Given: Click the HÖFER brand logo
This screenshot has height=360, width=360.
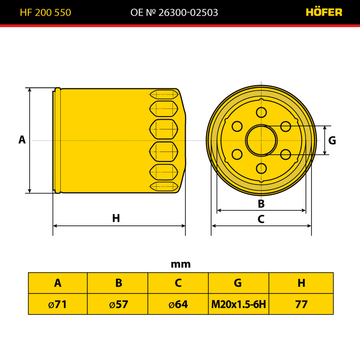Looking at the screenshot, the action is pyautogui.click(x=324, y=12).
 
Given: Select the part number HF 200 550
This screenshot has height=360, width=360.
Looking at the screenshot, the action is pyautogui.click(x=45, y=13).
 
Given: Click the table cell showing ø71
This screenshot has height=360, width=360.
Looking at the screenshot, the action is pyautogui.click(x=58, y=304).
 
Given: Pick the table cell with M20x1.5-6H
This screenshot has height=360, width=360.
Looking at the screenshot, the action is pyautogui.click(x=238, y=304).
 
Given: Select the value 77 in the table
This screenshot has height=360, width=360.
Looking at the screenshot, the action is pyautogui.click(x=301, y=305).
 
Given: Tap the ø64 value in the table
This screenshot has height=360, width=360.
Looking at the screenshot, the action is pyautogui.click(x=178, y=305).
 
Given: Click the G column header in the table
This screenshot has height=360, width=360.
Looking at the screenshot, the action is pyautogui.click(x=238, y=283).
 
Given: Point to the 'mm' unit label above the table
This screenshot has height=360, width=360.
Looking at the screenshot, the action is pyautogui.click(x=181, y=264).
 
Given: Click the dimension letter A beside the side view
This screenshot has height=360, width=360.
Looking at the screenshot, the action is pyautogui.click(x=22, y=139).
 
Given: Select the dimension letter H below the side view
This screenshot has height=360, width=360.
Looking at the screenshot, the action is pyautogui.click(x=116, y=218).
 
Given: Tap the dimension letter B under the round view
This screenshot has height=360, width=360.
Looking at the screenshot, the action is pyautogui.click(x=261, y=204).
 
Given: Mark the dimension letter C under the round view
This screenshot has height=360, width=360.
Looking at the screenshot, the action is pyautogui.click(x=261, y=219).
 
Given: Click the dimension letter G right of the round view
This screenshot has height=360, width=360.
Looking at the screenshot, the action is pyautogui.click(x=332, y=140).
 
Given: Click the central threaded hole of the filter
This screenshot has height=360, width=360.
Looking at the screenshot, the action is pyautogui.click(x=261, y=140).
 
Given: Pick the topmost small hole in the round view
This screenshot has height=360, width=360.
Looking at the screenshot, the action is pyautogui.click(x=261, y=112).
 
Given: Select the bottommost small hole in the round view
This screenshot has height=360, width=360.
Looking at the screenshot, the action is pyautogui.click(x=261, y=168).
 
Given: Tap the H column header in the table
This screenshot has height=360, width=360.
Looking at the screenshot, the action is pyautogui.click(x=301, y=283).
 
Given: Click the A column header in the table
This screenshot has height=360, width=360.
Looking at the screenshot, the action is pyautogui.click(x=58, y=283).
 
